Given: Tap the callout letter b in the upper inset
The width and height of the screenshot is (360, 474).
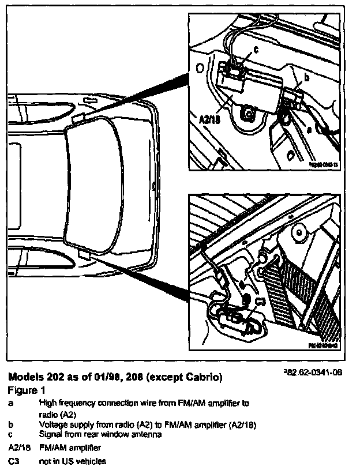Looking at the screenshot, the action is [x=306, y=76].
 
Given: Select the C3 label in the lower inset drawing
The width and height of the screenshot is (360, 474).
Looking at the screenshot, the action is [x=260, y=300].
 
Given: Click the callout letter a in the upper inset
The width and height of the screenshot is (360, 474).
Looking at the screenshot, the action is [x=309, y=130].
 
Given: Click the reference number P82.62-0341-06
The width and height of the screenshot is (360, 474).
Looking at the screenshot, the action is [x=313, y=373].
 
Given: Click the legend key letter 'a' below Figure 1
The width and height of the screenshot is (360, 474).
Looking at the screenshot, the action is [x=11, y=403].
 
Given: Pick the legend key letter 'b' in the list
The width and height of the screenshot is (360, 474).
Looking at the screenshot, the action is [x=11, y=424].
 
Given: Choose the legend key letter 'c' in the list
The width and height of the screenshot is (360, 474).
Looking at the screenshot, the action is [x=11, y=435].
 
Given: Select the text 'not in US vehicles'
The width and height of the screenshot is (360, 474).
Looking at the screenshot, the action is [x=73, y=461].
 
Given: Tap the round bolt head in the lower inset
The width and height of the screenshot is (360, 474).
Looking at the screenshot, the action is [x=298, y=233].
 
